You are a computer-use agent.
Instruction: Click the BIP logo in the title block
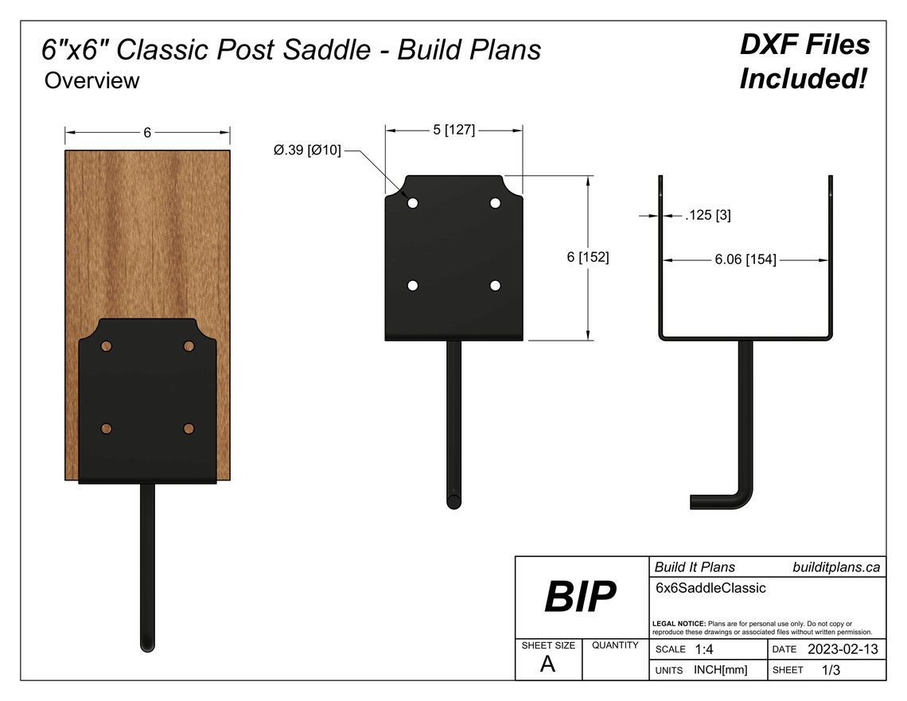[580, 597]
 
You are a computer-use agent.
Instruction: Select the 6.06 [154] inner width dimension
[745, 260]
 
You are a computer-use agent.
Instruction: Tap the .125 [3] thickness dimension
[708, 215]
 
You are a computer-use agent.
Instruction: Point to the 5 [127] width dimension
[453, 130]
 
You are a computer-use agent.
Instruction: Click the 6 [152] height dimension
[588, 257]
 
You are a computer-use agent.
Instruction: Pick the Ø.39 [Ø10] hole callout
[307, 150]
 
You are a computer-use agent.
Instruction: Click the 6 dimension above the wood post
[147, 133]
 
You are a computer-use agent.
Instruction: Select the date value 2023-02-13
[843, 649]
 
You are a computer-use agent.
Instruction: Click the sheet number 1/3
[831, 670]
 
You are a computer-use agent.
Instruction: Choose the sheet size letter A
[547, 664]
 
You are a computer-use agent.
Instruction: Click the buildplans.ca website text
[836, 567]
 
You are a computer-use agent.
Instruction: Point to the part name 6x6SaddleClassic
[710, 588]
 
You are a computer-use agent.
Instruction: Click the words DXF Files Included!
[804, 61]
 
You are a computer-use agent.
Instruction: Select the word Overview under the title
[91, 80]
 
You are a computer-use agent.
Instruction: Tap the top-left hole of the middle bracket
[413, 204]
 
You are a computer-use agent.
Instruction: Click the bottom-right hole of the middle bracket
[495, 286]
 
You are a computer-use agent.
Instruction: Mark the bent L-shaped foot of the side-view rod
[720, 500]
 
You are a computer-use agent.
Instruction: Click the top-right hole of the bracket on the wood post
[189, 346]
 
